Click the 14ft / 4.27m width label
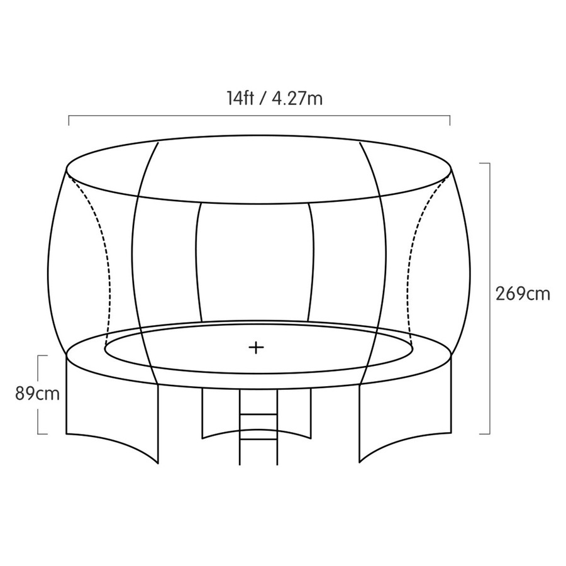275,98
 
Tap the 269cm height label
523,294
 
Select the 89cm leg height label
38,394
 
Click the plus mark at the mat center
255,347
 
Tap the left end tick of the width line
69,119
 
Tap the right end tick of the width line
450,119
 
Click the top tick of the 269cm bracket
484,163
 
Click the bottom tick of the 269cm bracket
484,433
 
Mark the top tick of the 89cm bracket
43,356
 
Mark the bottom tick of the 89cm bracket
43,433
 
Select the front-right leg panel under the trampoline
406,415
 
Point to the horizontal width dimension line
189,116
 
